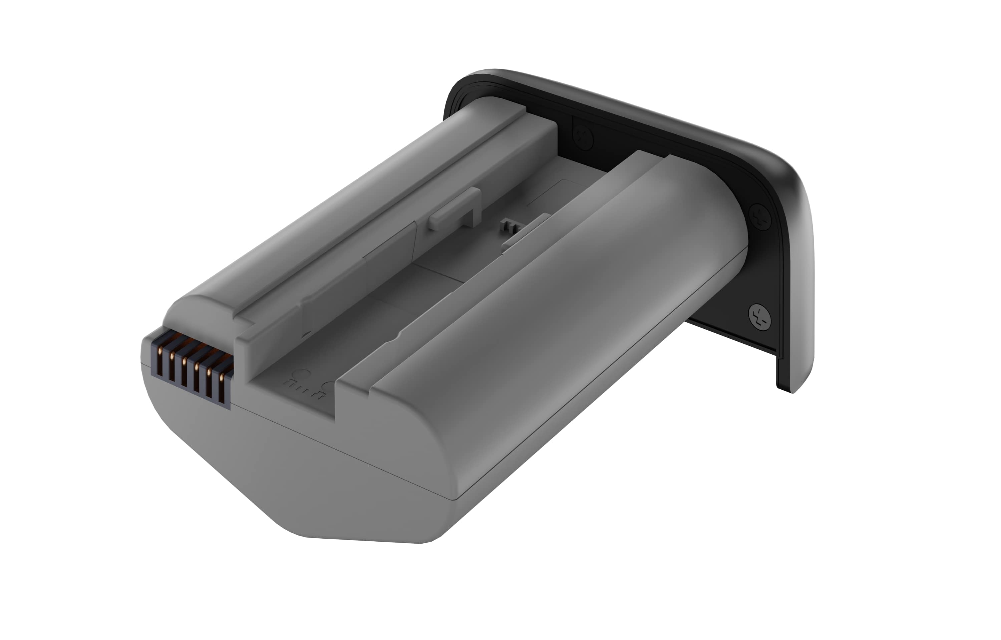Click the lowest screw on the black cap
coord(759,316)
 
